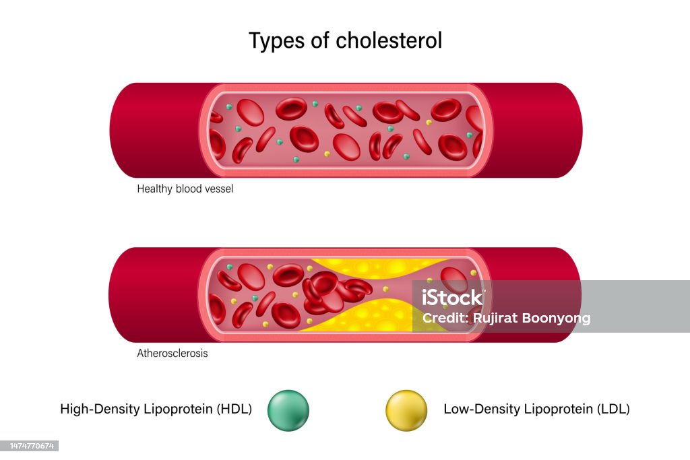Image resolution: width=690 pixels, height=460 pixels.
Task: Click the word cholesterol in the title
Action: click(x=389, y=40)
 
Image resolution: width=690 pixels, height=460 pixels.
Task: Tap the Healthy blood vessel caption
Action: click(x=185, y=189)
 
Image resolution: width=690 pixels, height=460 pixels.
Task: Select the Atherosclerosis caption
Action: click(x=172, y=354)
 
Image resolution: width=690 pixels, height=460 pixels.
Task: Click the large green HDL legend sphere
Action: click(x=288, y=410)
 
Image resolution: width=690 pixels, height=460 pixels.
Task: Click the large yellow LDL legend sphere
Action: click(x=406, y=410)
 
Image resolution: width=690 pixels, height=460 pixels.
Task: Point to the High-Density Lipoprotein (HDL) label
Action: click(x=156, y=409)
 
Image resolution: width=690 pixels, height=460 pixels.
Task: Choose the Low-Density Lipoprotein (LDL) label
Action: click(x=536, y=409)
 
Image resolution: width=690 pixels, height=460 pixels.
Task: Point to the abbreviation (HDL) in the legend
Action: click(x=233, y=409)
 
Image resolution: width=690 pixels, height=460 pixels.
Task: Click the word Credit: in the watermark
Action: click(x=441, y=319)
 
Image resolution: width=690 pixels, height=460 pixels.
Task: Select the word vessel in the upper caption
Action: click(x=219, y=189)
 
